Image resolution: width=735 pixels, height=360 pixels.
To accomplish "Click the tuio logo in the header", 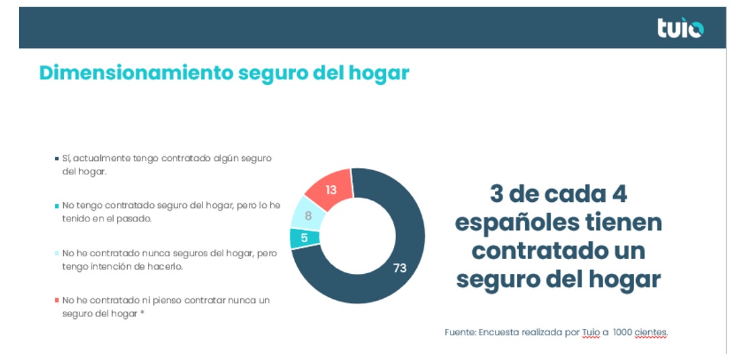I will [680, 28].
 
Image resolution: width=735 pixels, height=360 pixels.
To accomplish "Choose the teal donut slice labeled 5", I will [304, 238].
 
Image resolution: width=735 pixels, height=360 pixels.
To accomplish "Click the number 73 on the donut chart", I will [399, 268].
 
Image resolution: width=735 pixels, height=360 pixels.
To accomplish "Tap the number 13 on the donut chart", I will [331, 190].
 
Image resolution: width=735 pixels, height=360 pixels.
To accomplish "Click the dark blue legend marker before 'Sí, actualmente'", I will [56, 158].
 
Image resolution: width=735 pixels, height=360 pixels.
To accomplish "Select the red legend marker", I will [56, 300].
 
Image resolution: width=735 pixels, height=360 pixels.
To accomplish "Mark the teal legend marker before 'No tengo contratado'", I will [56, 205].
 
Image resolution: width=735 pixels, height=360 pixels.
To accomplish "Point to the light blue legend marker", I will [56, 253].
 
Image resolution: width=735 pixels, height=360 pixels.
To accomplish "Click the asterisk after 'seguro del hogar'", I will [142, 313].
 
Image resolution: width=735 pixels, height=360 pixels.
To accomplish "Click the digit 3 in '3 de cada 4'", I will [497, 194].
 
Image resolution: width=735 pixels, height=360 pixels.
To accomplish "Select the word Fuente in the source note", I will [459, 332].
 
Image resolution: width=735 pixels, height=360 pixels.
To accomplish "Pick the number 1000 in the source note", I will [623, 332].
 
